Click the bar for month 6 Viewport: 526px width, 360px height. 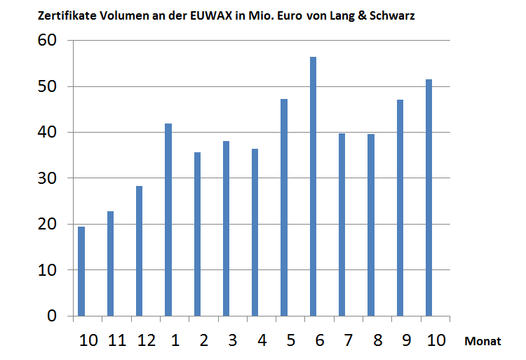point(313,187)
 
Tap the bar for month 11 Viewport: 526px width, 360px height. point(110,264)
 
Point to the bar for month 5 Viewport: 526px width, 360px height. point(284,208)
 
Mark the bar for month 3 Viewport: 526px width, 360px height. point(226,229)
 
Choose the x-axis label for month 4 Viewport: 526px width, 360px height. point(262,340)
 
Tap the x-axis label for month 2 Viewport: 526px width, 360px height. point(203,340)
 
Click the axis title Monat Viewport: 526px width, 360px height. point(483,341)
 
